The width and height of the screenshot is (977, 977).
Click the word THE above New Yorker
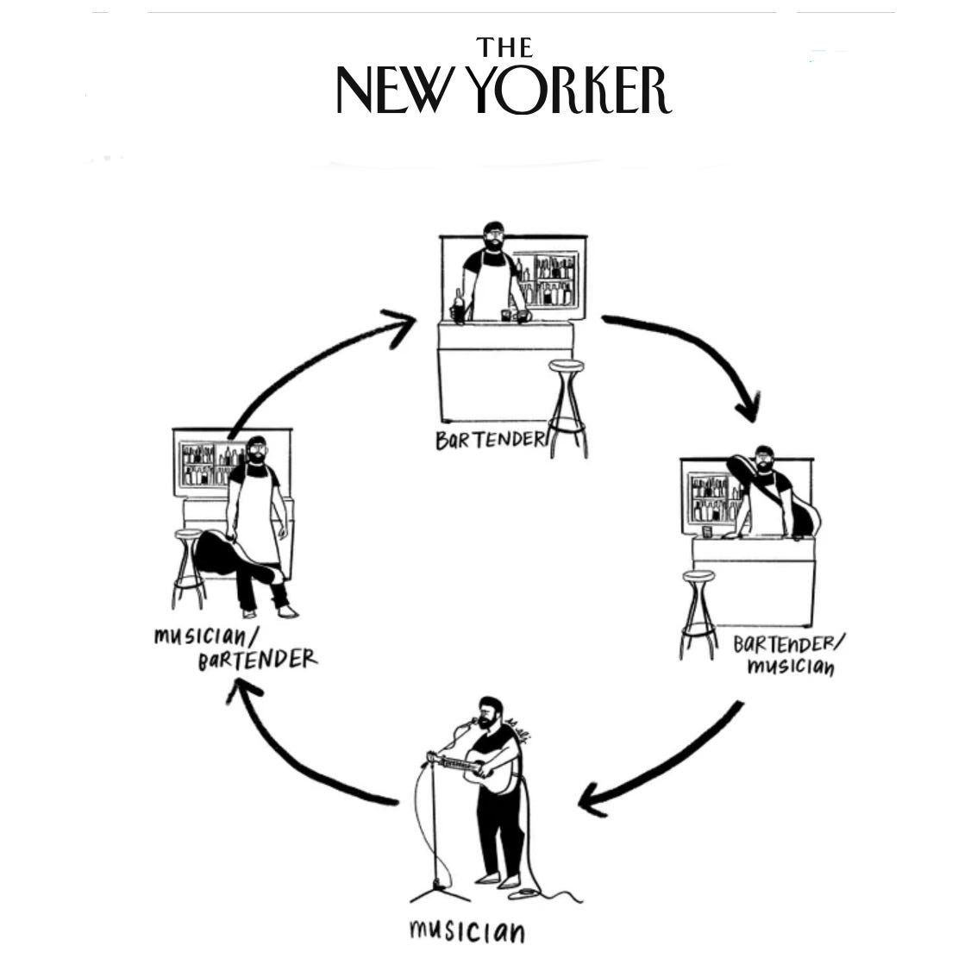tap(504, 47)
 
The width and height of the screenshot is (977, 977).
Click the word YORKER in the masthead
tap(573, 91)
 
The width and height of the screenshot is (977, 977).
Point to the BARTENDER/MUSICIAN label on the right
tap(789, 655)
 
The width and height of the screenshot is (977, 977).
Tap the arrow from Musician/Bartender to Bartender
tap(310, 354)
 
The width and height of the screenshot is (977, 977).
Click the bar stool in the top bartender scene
tap(567, 405)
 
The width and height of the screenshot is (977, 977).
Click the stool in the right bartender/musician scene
tap(698, 612)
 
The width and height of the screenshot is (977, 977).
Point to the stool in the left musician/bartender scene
tap(189, 569)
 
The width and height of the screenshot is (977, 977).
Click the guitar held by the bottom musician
tap(495, 771)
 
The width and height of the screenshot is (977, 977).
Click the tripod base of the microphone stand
tap(439, 888)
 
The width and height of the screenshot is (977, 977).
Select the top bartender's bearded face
tap(493, 239)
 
